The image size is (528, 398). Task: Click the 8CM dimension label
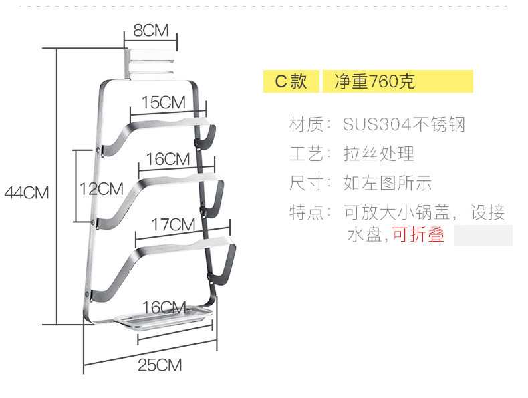151,31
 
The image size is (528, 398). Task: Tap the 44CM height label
27,192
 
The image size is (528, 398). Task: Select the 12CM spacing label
102,188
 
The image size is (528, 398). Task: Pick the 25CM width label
160,365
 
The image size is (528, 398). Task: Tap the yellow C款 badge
291,81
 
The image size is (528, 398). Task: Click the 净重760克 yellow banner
398,81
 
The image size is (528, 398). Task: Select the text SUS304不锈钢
404,124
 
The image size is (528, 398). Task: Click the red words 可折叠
418,235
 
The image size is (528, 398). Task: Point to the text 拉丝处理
379,154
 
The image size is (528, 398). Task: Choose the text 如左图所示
388,183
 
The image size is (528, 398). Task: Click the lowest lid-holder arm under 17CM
167,248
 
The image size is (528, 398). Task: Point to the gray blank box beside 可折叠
483,236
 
